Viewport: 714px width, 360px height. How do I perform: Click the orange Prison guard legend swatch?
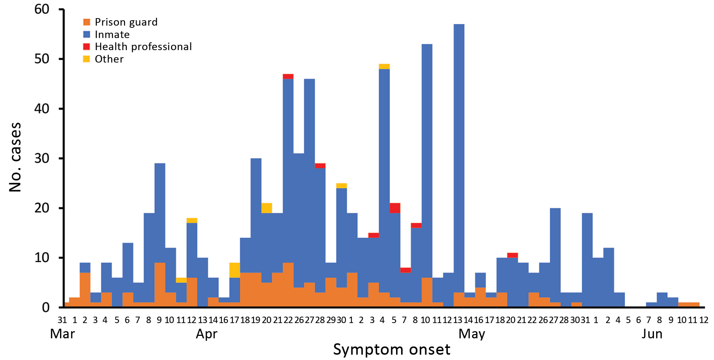pos(87,22)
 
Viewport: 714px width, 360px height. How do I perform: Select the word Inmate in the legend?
pos(112,34)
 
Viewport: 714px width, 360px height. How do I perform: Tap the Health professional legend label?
pos(144,47)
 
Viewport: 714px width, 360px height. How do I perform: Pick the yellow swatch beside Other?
pos(87,59)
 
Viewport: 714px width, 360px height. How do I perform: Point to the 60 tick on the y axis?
pos(42,9)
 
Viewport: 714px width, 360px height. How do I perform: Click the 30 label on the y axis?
pos(42,158)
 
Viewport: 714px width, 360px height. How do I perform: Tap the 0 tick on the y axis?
pos(46,307)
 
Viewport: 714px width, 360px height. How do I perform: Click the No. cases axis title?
pos(15,157)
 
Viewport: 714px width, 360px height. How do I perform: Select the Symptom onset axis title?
pos(391,350)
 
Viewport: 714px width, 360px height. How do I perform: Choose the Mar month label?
pos(63,334)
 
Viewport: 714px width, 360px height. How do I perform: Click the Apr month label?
pos(206,334)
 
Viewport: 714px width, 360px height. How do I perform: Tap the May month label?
pos(472,334)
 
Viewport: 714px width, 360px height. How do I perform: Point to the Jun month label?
pos(652,334)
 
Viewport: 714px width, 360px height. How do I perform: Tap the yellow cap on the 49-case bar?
pos(384,66)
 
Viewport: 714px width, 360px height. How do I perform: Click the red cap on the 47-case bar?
pos(288,76)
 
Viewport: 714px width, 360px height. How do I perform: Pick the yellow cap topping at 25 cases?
pos(341,186)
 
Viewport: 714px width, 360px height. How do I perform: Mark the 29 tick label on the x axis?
pos(331,320)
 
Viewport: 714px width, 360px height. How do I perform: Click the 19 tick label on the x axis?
pos(256,320)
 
